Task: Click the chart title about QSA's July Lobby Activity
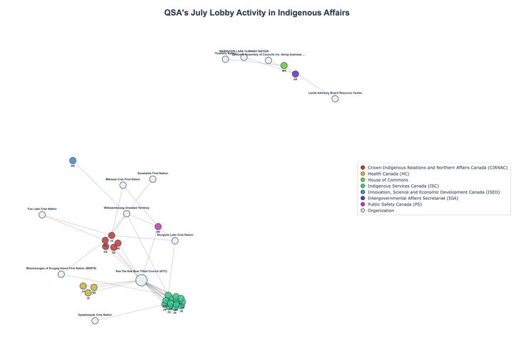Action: click(x=257, y=13)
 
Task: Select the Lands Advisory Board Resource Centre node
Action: click(x=335, y=99)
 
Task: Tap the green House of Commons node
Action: click(x=284, y=66)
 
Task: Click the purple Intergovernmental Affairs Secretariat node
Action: click(x=296, y=74)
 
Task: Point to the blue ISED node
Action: click(x=73, y=161)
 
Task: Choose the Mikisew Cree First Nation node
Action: click(x=123, y=185)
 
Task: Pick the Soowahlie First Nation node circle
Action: click(x=153, y=179)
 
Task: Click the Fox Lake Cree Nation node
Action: click(x=42, y=214)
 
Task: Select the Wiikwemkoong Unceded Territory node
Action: click(x=126, y=214)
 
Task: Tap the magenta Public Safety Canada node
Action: click(x=158, y=226)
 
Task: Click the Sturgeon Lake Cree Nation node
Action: click(x=175, y=241)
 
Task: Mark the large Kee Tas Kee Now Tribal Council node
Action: click(x=141, y=280)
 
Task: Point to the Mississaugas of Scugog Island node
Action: click(x=61, y=274)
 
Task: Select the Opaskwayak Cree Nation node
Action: click(x=95, y=321)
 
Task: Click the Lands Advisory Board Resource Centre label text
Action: click(x=335, y=93)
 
